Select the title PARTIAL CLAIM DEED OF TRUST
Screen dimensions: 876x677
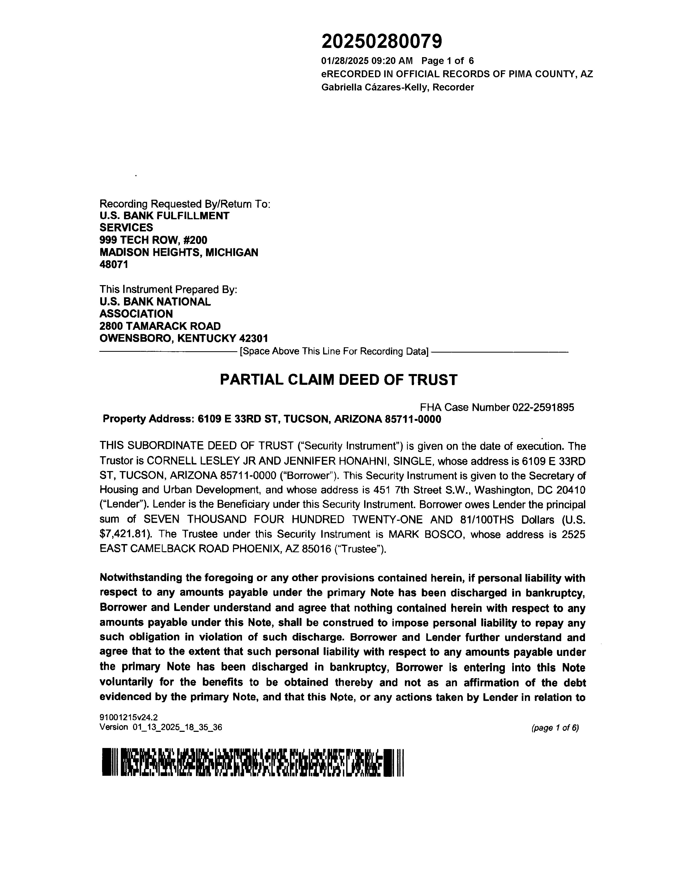point(338,380)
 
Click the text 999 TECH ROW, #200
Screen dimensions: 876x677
point(153,240)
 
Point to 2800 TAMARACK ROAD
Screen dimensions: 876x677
point(160,326)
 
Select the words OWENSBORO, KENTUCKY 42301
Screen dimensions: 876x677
point(183,339)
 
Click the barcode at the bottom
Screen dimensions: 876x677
point(253,763)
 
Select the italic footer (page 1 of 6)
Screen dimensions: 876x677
point(555,728)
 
